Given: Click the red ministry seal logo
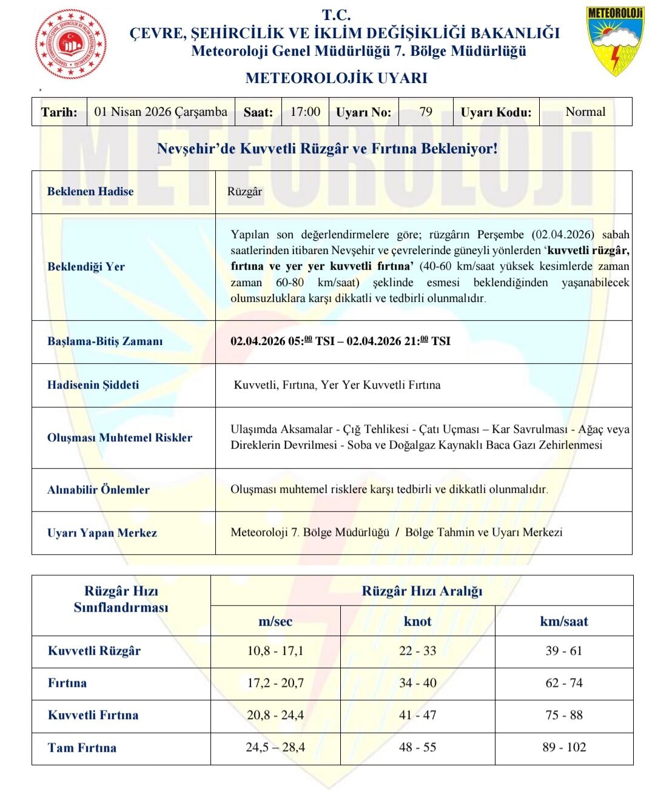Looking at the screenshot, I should coord(71,44).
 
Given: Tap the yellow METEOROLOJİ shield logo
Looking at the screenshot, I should coord(614,41).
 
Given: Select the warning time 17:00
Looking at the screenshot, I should coord(305,112).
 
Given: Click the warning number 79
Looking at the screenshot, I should coord(426,112).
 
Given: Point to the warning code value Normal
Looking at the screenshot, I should coord(585,112).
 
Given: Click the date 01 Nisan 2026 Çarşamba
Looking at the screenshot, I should coord(161,112).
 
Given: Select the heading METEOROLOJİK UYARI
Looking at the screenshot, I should coord(336,78).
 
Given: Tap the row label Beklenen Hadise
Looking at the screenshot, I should coord(90,192).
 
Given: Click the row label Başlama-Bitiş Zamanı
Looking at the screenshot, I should coord(105,341).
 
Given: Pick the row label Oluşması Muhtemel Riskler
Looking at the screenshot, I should coord(119,438).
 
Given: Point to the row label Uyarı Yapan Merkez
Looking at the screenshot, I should coord(102,533).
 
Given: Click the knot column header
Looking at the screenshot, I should coord(417,621).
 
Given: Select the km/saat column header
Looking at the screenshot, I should coord(564,621).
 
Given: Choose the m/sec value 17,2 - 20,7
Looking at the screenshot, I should coord(275,683).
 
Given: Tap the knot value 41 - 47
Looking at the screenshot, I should coord(417,715).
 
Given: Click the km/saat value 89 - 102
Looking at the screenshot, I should coord(564,748).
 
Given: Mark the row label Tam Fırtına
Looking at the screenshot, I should coord(82,748).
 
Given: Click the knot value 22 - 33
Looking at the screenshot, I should coord(417,651).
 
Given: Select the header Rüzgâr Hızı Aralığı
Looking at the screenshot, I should coord(422,591).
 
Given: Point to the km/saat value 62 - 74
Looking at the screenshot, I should coord(564,683).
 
